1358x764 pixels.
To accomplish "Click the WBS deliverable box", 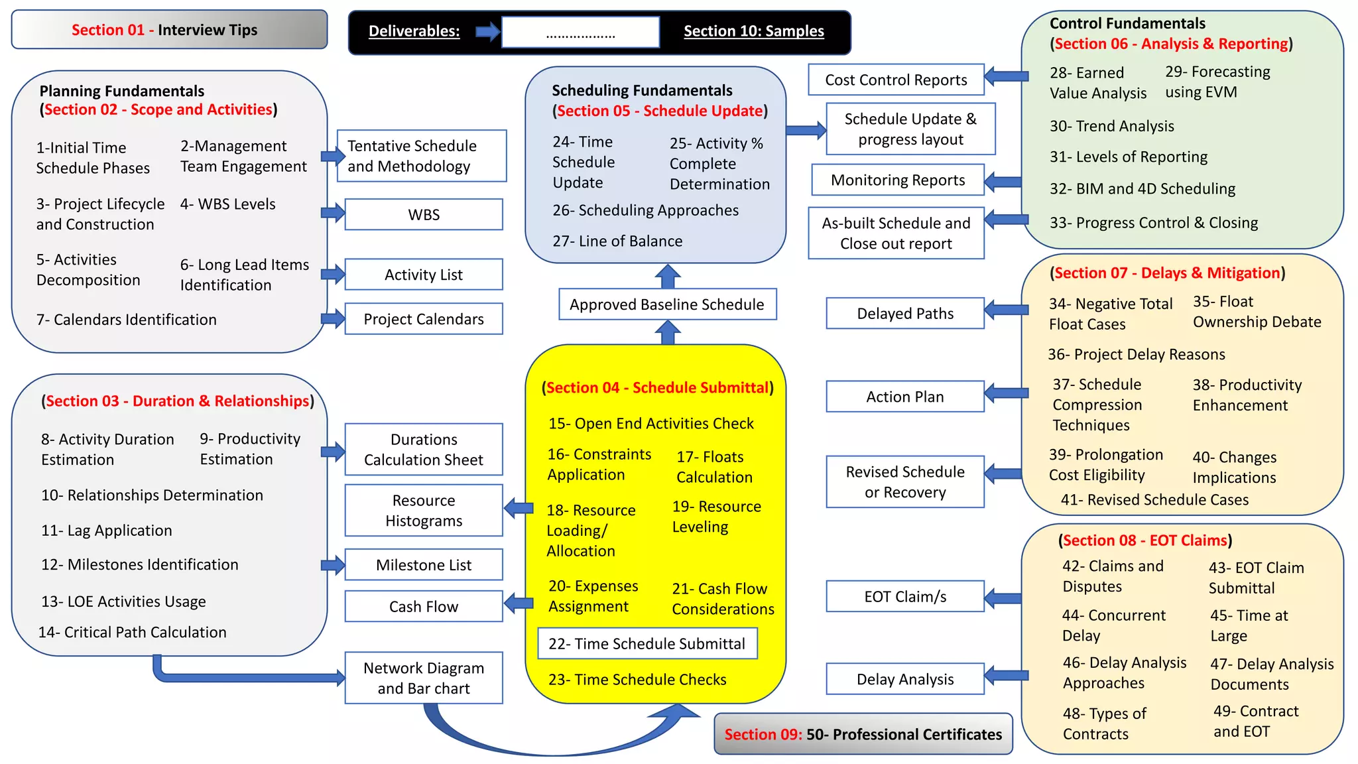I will tap(424, 214).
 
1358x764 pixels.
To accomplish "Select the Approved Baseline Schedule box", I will tap(667, 304).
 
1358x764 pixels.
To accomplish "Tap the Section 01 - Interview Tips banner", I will tap(169, 30).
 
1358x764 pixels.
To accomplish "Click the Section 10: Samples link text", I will tap(753, 31).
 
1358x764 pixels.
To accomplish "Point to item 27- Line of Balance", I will tap(617, 241).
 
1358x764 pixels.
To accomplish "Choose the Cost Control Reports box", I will tap(896, 80).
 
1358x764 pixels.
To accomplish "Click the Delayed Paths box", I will tap(905, 313).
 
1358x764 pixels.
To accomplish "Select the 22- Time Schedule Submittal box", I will tap(647, 643).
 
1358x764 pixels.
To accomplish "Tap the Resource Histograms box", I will tap(424, 510).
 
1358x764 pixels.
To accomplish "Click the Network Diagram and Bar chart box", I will tap(424, 678).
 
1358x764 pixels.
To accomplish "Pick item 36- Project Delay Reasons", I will tap(1136, 354).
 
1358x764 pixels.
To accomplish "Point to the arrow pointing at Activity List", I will tap(333, 274).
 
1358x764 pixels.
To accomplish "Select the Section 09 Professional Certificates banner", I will tap(863, 734).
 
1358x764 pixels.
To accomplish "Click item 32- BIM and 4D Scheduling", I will tap(1142, 189).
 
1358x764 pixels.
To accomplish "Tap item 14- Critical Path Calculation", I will tap(132, 632).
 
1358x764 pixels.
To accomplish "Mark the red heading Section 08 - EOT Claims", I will tap(1144, 541).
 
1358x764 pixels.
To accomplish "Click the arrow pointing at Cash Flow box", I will tap(519, 604).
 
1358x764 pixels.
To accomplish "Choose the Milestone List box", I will tap(424, 564).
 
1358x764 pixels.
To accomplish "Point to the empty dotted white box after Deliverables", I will tap(580, 32).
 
